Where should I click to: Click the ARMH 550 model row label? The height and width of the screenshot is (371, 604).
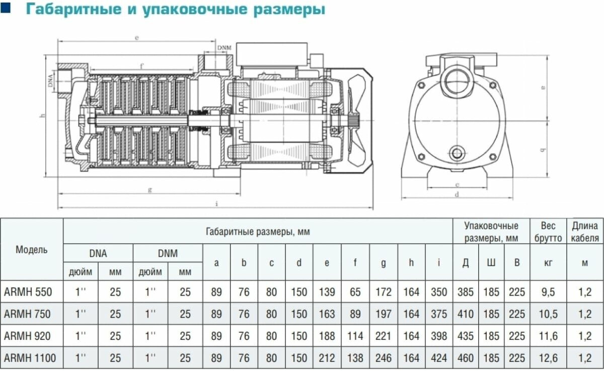28,292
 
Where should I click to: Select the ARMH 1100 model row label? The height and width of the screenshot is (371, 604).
30,358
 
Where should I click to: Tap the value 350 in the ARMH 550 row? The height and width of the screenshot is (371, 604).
439,292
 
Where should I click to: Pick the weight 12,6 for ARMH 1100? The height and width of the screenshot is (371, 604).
548,358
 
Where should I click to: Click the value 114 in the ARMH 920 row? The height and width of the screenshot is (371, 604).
355,336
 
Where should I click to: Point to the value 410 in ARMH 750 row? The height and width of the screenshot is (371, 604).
466,314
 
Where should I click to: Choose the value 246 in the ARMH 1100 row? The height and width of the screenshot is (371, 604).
383,358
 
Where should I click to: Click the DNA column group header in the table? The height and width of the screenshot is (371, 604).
98,253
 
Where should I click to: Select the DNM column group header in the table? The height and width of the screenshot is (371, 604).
168,253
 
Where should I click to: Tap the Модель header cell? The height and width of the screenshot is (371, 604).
32,250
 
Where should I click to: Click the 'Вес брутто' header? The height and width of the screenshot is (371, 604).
548,232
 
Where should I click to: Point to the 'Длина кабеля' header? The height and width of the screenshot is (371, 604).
585,232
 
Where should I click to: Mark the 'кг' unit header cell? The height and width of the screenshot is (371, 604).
548,263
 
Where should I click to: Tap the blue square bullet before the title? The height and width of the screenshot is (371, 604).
5,8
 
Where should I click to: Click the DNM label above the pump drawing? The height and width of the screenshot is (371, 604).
224,48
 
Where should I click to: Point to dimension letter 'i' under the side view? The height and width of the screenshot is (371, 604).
216,204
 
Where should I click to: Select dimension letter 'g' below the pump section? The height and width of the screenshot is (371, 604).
150,189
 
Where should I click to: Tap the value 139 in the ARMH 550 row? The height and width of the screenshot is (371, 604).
327,292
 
